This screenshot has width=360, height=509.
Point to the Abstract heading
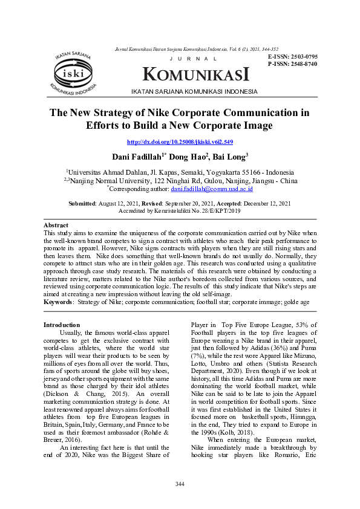[56, 224]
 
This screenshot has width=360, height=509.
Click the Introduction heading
[62, 325]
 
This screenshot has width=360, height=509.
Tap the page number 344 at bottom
[180, 484]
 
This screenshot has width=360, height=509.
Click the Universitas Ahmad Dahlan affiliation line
[180, 172]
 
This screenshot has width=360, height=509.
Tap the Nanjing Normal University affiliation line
[180, 180]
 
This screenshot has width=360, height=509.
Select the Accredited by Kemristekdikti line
[180, 212]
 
